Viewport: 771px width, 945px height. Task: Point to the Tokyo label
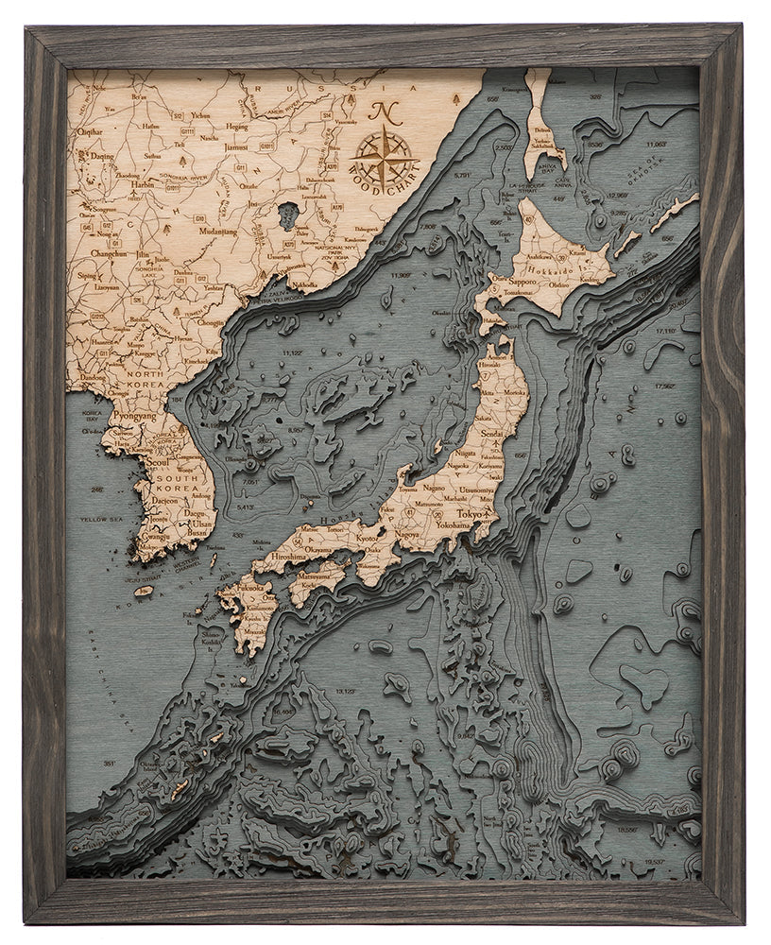[470, 512]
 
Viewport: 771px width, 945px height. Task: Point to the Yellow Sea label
[95, 519]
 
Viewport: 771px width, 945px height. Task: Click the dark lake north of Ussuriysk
[287, 214]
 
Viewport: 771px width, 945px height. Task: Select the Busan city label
[198, 533]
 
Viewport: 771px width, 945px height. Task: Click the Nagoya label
[406, 534]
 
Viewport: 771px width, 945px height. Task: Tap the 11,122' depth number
[291, 352]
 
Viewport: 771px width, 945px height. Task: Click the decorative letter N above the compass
[383, 112]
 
